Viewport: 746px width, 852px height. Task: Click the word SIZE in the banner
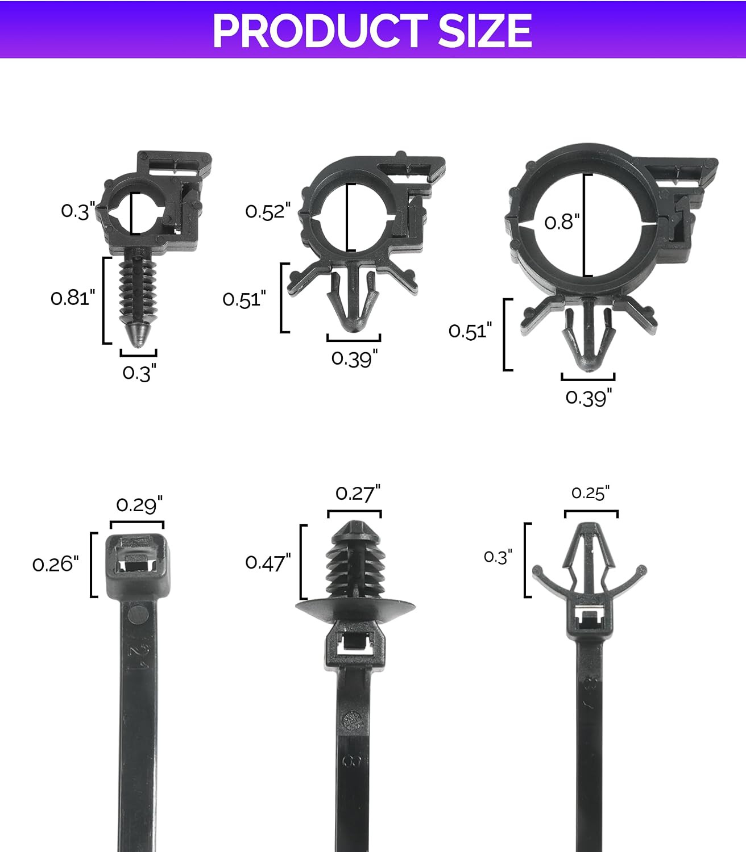[485, 31]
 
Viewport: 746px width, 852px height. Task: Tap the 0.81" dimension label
[73, 298]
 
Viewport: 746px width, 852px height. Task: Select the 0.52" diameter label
[268, 211]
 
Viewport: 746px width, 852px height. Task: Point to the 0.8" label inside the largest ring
[562, 222]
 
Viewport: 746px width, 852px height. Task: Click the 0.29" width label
[139, 505]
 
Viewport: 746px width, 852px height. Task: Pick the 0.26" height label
[55, 564]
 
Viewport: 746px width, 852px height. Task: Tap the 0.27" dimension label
[358, 494]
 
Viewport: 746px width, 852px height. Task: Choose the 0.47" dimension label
[268, 562]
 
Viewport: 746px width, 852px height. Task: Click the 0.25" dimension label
[590, 493]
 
